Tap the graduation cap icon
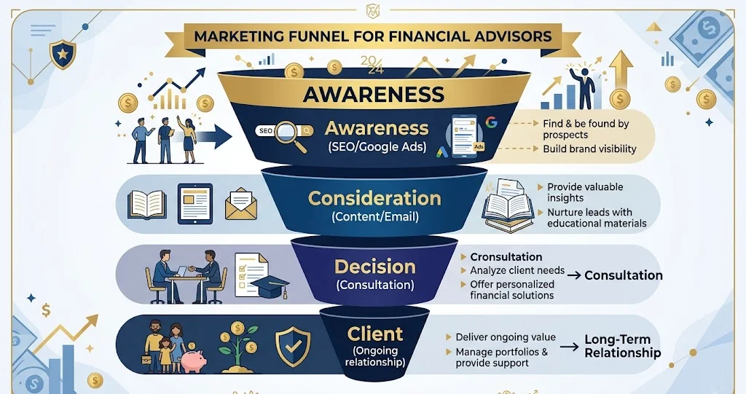point(270,285)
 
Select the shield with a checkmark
point(293,346)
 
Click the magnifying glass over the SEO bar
point(290,135)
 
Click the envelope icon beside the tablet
point(240,204)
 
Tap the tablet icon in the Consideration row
point(195,204)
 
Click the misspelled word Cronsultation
point(506,257)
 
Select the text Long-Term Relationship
point(622,346)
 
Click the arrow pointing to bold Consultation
point(574,275)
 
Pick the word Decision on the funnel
point(375,267)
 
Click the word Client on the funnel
point(375,334)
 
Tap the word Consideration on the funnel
point(375,198)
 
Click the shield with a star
point(63,54)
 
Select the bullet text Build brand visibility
point(589,149)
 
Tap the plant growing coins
point(238,347)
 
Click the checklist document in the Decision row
point(250,274)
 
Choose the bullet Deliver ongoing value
point(506,337)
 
